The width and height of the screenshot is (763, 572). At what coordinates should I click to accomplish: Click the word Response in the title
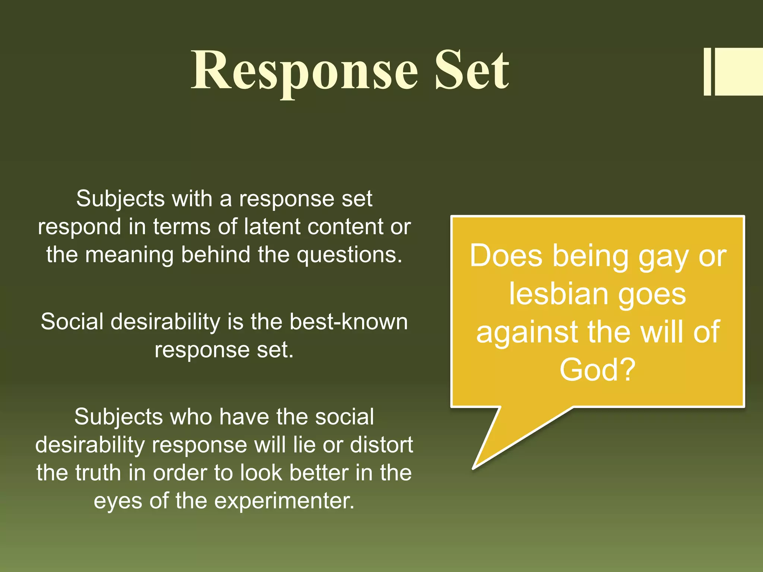click(x=304, y=71)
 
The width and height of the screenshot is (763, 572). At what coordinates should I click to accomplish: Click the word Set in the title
click(x=472, y=71)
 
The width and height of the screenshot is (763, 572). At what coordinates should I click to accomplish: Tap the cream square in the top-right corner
click(x=739, y=71)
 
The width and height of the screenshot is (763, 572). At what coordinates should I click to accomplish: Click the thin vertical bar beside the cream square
click(x=707, y=71)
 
